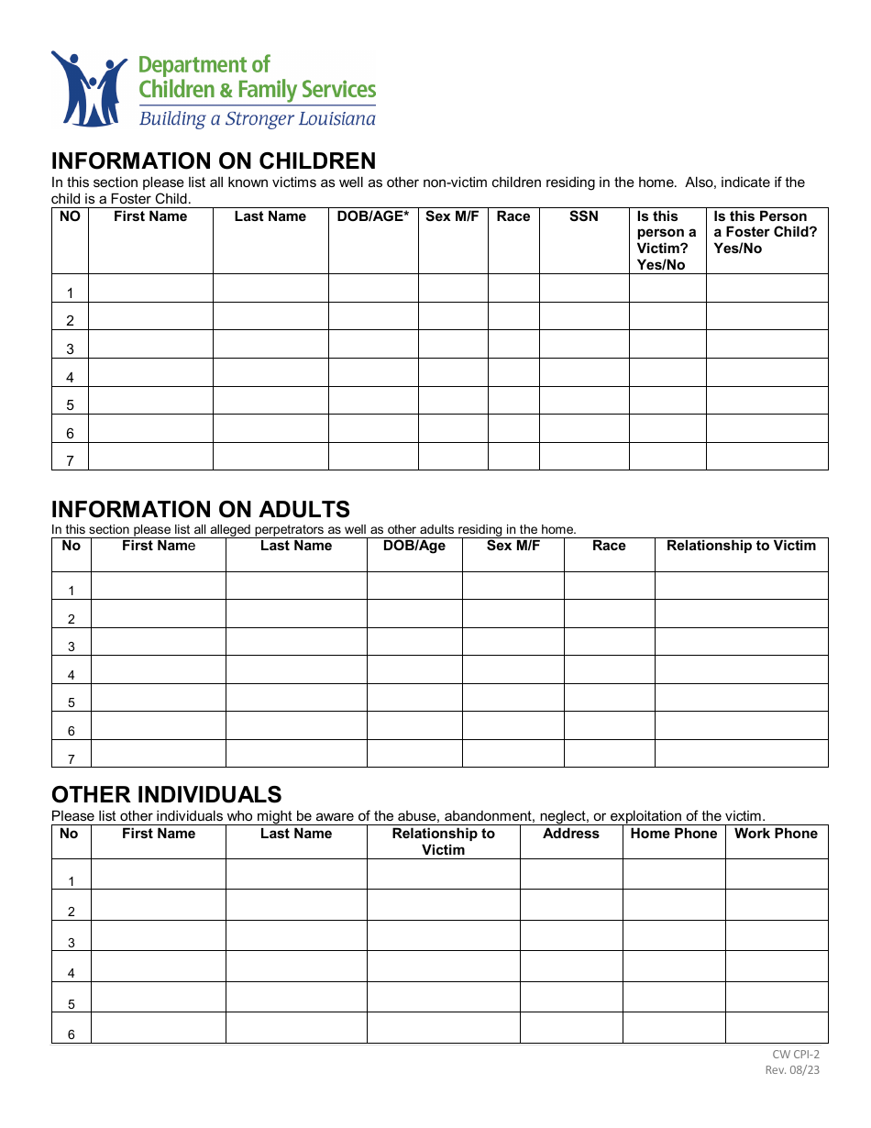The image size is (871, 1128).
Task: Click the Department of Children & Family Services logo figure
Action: pyautogui.click(x=89, y=89)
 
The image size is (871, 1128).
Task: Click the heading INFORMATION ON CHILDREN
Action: pyautogui.click(x=213, y=161)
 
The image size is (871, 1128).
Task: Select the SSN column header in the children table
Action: pyautogui.click(x=583, y=216)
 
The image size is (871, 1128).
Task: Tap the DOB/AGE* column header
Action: pyautogui.click(x=372, y=216)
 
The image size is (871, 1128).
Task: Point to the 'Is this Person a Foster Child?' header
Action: pyautogui.click(x=766, y=232)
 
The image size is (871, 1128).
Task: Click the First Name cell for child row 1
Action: pyautogui.click(x=150, y=288)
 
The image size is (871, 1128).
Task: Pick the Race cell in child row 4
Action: pyautogui.click(x=513, y=372)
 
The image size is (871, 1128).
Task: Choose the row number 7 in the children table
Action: pyautogui.click(x=70, y=460)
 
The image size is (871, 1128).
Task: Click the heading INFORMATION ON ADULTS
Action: pyautogui.click(x=200, y=509)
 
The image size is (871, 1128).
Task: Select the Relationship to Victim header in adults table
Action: pyautogui.click(x=741, y=546)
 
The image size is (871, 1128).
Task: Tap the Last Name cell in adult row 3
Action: pyautogui.click(x=296, y=641)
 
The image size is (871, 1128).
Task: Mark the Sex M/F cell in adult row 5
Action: pyautogui.click(x=513, y=697)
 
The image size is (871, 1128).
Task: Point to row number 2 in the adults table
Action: pyautogui.click(x=72, y=619)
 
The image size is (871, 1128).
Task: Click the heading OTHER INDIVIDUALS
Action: pyautogui.click(x=166, y=794)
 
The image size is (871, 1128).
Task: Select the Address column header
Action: pyautogui.click(x=570, y=834)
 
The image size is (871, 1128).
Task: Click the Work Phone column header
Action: pyautogui.click(x=776, y=834)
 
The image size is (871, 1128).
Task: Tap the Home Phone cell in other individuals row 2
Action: pyautogui.click(x=674, y=905)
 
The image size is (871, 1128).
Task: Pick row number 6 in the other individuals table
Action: pyautogui.click(x=72, y=1034)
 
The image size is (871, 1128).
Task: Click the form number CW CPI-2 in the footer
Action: pyautogui.click(x=796, y=1055)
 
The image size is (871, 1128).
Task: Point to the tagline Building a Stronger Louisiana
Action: pyautogui.click(x=257, y=119)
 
